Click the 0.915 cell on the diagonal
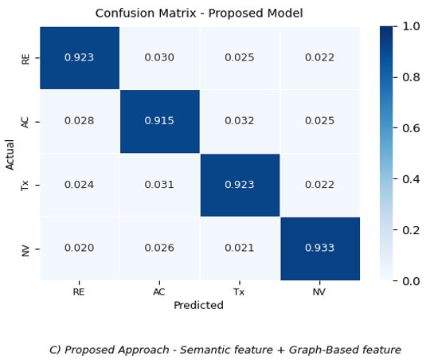(159, 121)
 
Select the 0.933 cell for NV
(320, 248)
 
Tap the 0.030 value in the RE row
(159, 57)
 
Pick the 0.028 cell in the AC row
(80, 121)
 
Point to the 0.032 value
(240, 121)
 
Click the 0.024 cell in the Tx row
(80, 185)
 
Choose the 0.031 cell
(159, 185)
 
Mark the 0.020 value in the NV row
(80, 248)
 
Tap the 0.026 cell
(159, 248)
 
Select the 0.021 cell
(240, 248)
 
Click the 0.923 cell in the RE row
(80, 57)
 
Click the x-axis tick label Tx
(239, 292)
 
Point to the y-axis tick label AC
(25, 122)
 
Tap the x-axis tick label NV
(319, 292)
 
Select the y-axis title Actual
(10, 155)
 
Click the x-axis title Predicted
(198, 305)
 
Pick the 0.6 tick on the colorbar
(411, 128)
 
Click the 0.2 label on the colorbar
(411, 230)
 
